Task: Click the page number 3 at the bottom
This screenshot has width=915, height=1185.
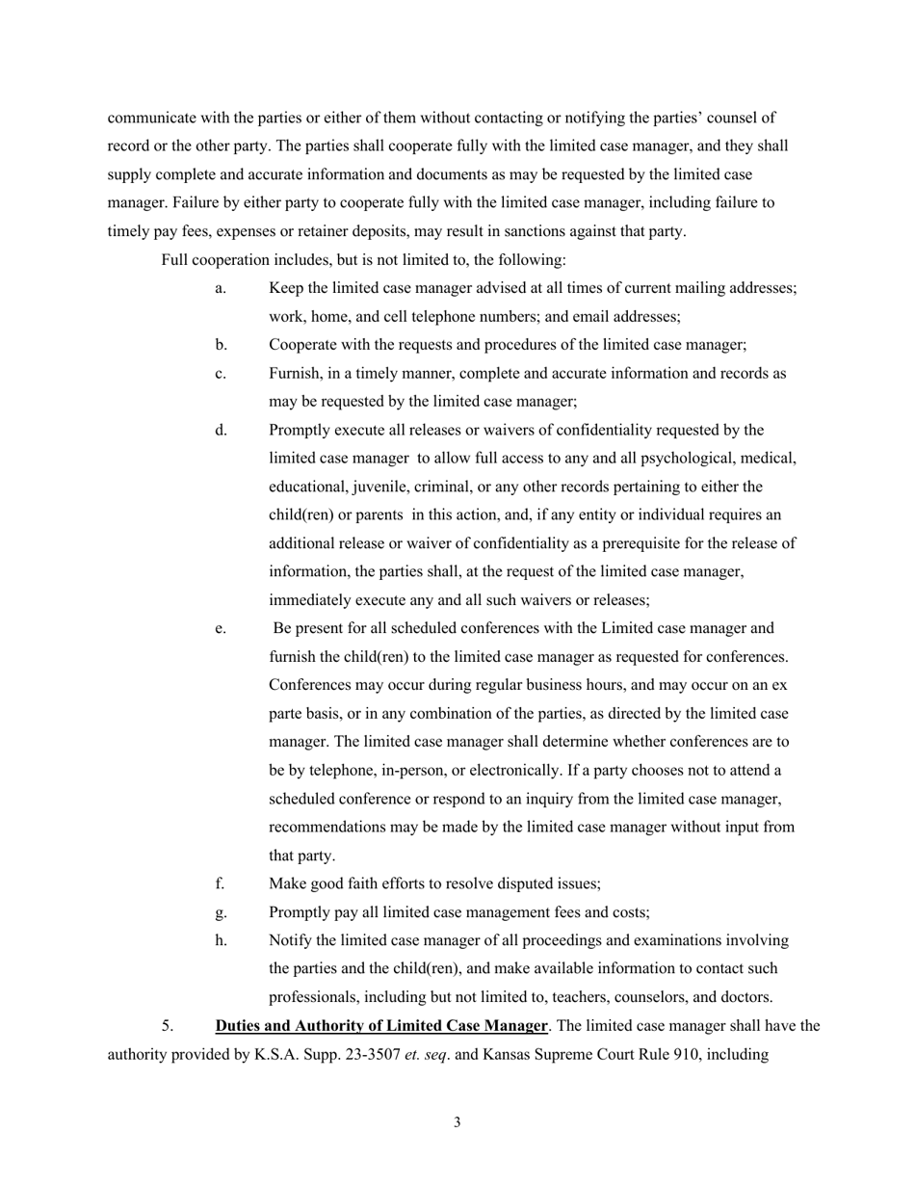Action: [x=457, y=1121]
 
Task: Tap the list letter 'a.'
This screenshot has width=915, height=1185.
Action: [x=221, y=288]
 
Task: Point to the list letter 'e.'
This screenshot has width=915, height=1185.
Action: [x=221, y=628]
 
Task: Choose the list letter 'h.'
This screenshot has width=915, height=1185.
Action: [x=221, y=940]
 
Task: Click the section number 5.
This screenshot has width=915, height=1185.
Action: [x=168, y=1026]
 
